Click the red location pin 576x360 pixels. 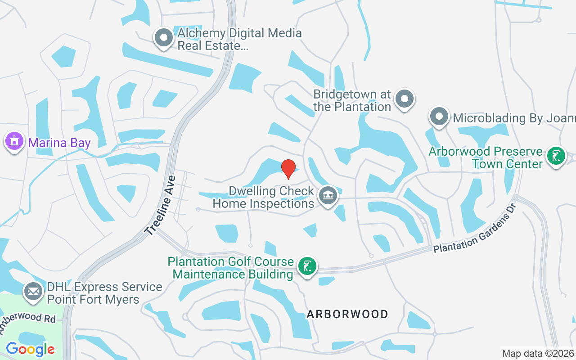point(288,169)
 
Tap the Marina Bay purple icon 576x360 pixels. point(14,141)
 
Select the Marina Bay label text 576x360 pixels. point(59,143)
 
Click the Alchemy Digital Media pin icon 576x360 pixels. point(163,37)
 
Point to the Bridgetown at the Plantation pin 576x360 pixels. point(404,99)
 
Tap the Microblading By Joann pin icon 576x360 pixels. point(439,117)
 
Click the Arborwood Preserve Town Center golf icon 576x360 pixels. point(556,156)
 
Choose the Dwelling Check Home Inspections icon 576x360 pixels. point(328,196)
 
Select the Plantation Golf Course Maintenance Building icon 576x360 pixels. point(307,266)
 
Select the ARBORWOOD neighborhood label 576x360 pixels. point(347,314)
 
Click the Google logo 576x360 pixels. point(30,349)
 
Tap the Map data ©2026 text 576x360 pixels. point(538,353)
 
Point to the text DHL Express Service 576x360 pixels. point(104,287)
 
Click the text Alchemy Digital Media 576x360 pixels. point(239,33)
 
